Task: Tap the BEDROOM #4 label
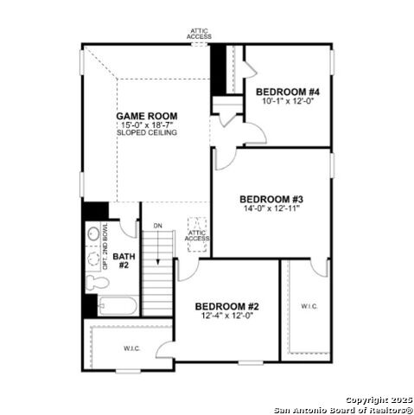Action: pyautogui.click(x=289, y=92)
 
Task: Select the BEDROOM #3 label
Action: pyautogui.click(x=271, y=199)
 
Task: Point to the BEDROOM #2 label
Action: pyautogui.click(x=226, y=307)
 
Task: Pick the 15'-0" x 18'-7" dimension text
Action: pyautogui.click(x=148, y=124)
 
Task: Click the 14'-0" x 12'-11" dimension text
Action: pyautogui.click(x=271, y=208)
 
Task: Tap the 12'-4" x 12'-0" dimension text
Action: pyautogui.click(x=226, y=316)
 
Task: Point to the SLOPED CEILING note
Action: pyautogui.click(x=148, y=133)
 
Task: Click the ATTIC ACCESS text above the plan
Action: pyautogui.click(x=199, y=35)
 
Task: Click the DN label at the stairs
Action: pyautogui.click(x=157, y=227)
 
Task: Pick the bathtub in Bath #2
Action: pyautogui.click(x=117, y=305)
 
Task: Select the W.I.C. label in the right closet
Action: pyautogui.click(x=310, y=306)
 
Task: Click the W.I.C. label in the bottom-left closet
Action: pyautogui.click(x=131, y=349)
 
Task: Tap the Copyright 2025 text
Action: pyautogui.click(x=378, y=400)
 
